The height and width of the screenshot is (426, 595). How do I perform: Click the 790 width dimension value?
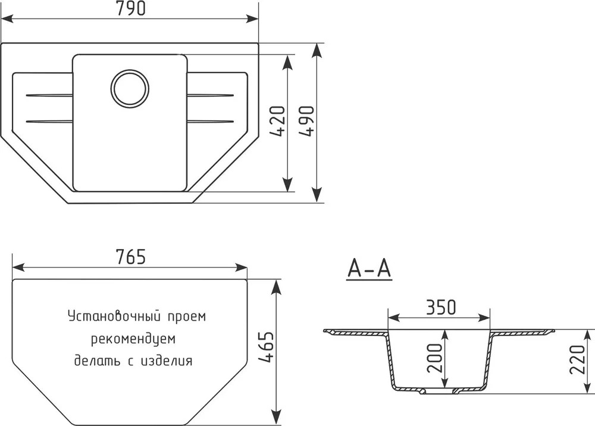[130, 8]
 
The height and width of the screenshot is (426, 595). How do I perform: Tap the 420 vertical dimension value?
[277, 122]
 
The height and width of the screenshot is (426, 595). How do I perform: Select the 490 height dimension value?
[306, 122]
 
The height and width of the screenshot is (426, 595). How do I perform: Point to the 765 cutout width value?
[130, 257]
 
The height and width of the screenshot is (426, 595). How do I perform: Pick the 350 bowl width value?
[440, 307]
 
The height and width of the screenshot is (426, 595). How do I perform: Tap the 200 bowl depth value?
[435, 358]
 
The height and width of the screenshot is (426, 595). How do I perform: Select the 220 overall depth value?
[578, 359]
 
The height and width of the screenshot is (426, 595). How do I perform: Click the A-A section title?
[369, 269]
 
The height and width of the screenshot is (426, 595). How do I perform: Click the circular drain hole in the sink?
[130, 88]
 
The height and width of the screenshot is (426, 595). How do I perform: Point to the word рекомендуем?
[133, 338]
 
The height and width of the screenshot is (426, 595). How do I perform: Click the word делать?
[96, 360]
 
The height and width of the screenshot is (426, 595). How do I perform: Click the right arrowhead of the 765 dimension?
[242, 267]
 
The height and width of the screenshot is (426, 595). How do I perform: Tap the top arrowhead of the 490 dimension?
[317, 49]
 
